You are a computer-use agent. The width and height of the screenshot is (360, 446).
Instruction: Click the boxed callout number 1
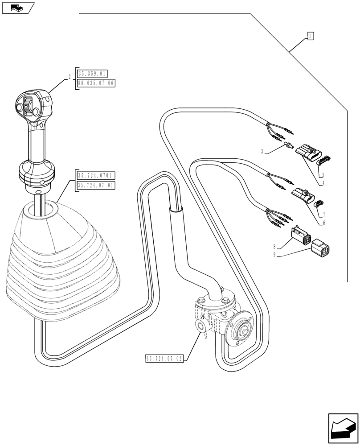tap(311, 37)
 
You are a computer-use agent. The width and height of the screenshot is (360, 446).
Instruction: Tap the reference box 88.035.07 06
tap(96, 83)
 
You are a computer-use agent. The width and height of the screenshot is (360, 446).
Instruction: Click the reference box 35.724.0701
tap(96, 176)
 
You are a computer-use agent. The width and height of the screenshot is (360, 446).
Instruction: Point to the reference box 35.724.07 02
tap(164, 358)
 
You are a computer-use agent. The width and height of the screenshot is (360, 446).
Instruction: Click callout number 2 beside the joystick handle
tap(70, 77)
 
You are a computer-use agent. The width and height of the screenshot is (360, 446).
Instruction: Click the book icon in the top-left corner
tap(18, 8)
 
